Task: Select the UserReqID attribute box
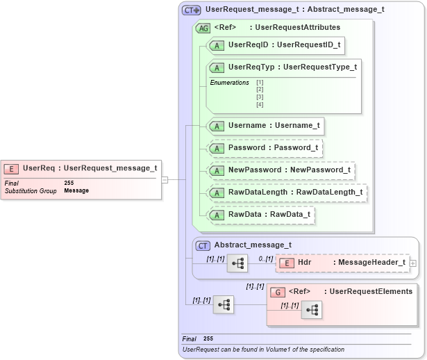coord(276,45)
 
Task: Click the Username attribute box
coord(265,126)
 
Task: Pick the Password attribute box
coord(265,148)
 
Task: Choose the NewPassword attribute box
coord(281,170)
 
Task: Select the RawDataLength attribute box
coord(287,193)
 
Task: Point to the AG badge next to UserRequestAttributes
coord(203,28)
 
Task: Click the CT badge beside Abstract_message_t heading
coord(203,245)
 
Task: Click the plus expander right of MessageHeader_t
coord(414,263)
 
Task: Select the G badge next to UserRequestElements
coord(278,292)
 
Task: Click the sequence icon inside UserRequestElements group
coord(311,311)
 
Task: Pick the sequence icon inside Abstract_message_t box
coord(237,263)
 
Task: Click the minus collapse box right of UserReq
coord(165,179)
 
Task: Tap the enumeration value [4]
coord(260,104)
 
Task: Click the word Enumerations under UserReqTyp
coord(229,83)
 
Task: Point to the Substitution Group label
coord(31,190)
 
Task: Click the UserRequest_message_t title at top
coord(294,10)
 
